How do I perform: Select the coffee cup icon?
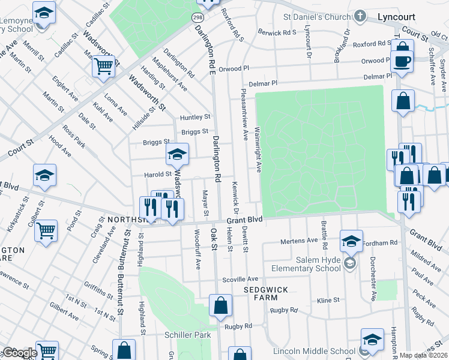pyautogui.click(x=401, y=61)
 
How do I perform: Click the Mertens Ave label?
pyautogui.click(x=300, y=241)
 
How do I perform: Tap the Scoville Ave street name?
pyautogui.click(x=240, y=279)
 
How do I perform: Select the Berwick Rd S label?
pyautogui.click(x=277, y=32)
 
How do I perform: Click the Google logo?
pyautogui.click(x=20, y=353)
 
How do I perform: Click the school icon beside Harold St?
pyautogui.click(x=177, y=155)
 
